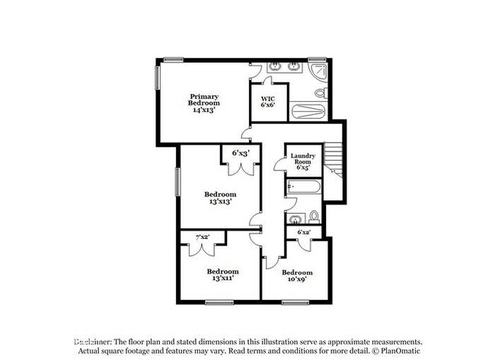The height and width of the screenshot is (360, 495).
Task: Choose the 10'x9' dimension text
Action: click(296, 279)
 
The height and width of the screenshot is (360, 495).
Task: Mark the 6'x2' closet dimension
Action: click(304, 231)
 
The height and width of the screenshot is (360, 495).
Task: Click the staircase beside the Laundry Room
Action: click(335, 161)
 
